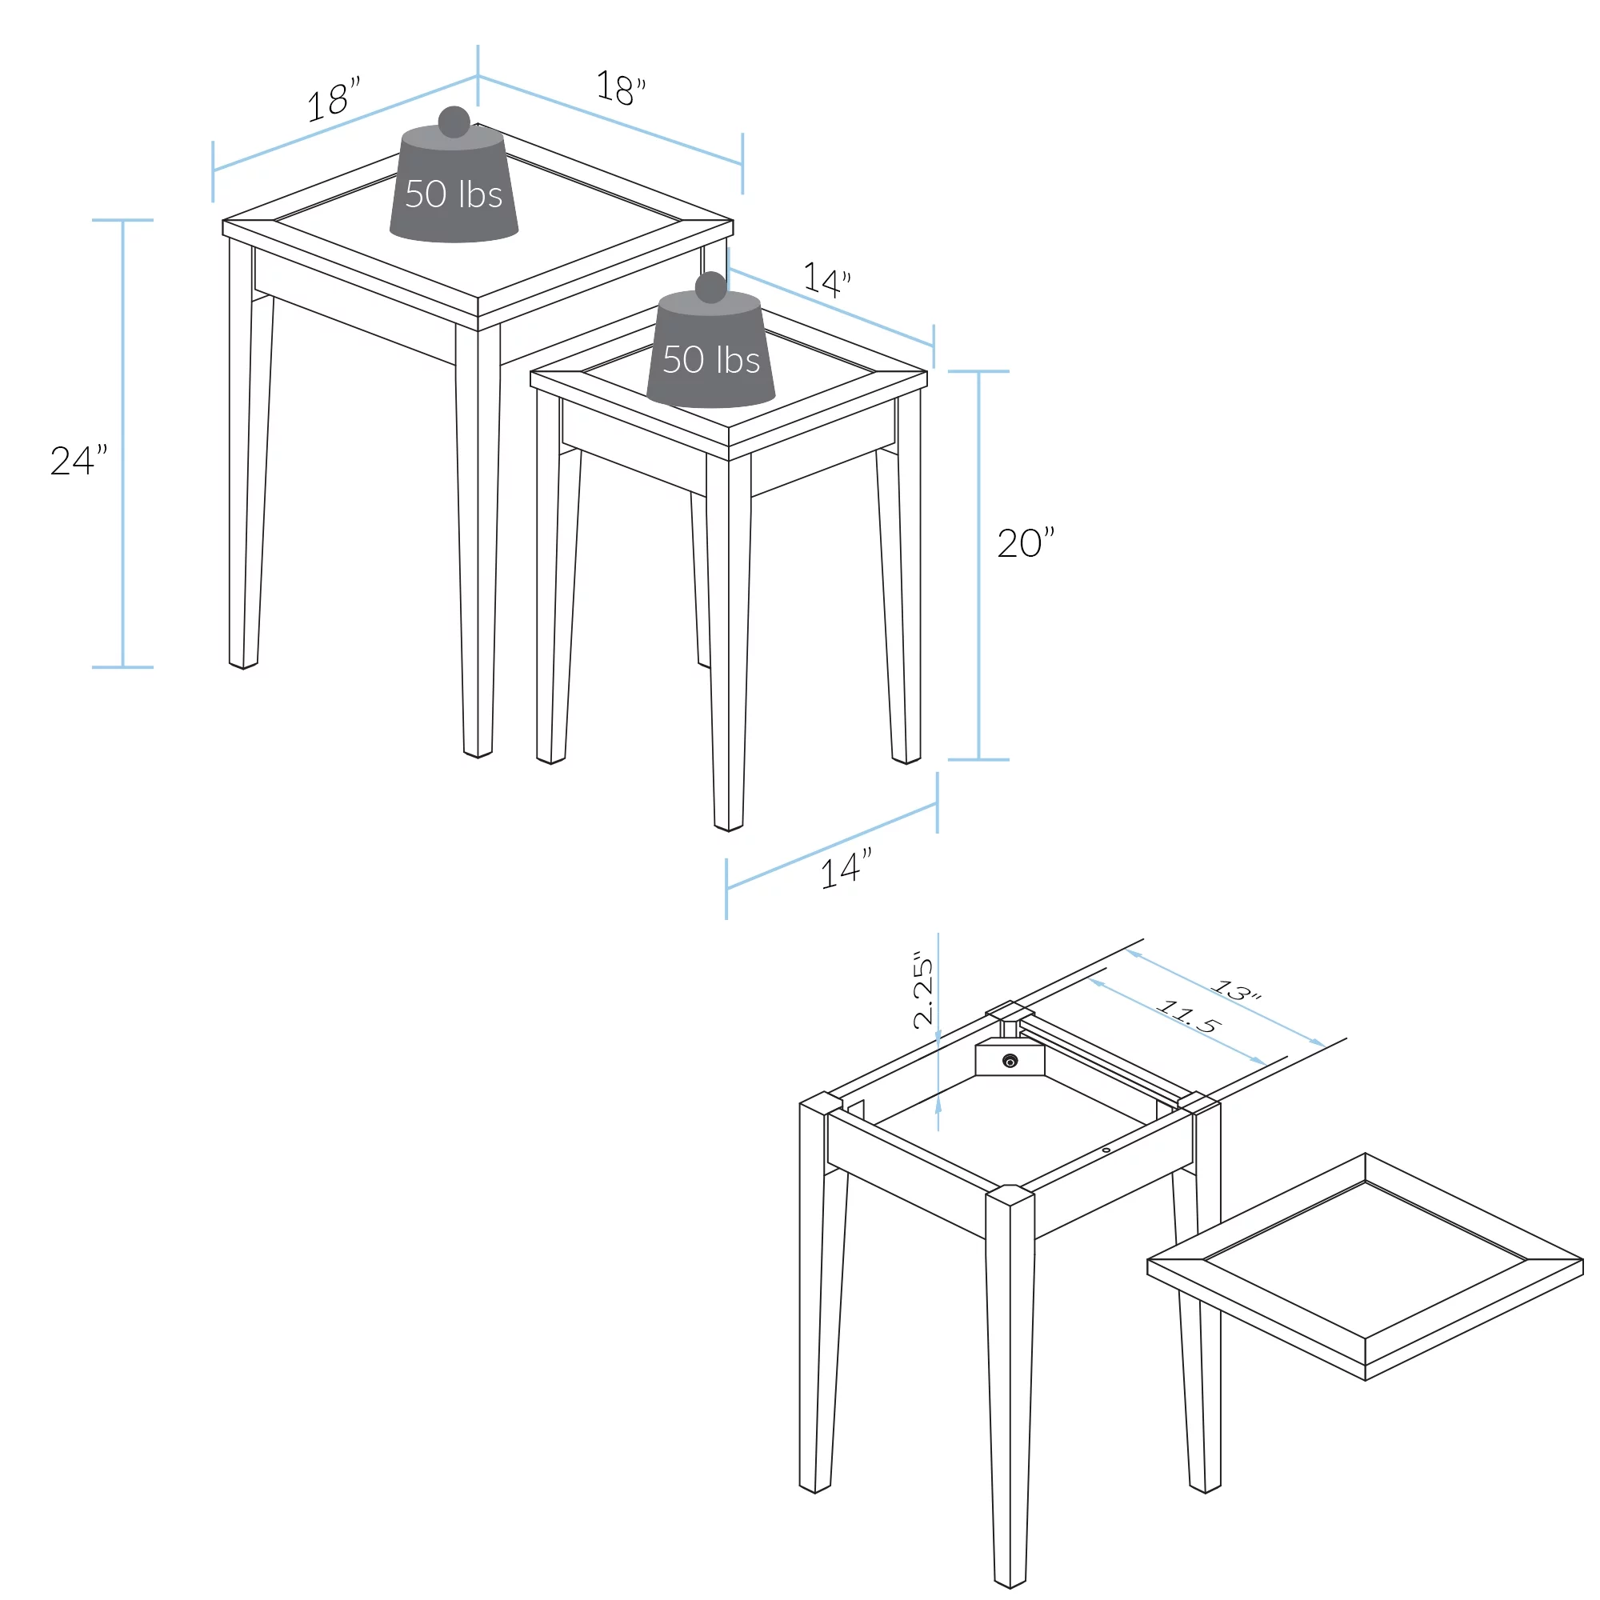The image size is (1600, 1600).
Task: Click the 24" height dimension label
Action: pos(78,462)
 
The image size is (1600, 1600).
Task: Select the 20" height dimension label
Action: pos(1026,543)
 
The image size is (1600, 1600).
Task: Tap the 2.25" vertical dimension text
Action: pos(922,993)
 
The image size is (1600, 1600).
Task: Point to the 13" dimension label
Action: pos(1236,990)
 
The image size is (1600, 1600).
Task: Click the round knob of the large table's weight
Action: pos(454,121)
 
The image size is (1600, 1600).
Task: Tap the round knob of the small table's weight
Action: pos(710,286)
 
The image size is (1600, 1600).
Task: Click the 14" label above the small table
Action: pos(826,279)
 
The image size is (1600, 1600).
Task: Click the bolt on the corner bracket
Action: pos(1010,1061)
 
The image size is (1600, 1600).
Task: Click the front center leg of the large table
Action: pos(478,538)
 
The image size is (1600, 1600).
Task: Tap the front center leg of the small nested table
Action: pos(729,638)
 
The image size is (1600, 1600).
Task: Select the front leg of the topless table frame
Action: pos(1010,1383)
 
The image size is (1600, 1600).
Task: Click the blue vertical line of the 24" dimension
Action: pos(122,443)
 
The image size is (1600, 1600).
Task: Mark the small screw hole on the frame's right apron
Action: pos(1106,1150)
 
